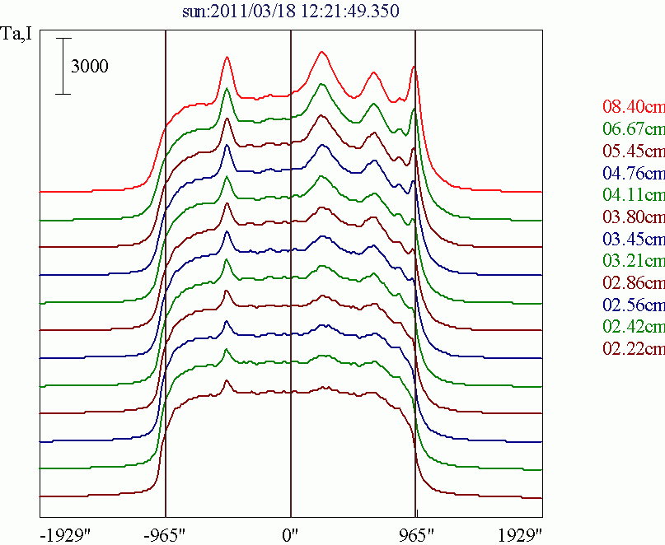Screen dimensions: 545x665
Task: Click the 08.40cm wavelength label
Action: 633,107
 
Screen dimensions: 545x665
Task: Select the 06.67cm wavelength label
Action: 633,129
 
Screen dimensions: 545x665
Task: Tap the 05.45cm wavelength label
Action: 633,151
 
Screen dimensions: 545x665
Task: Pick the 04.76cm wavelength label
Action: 633,173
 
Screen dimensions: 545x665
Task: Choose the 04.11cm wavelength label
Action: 633,195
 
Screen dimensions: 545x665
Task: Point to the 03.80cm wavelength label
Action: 633,217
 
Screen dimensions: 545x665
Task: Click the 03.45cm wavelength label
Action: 633,240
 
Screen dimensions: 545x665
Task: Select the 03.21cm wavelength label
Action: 633,262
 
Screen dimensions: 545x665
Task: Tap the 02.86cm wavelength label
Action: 633,284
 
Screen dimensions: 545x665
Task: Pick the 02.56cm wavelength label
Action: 633,306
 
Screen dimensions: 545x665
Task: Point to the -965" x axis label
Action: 166,533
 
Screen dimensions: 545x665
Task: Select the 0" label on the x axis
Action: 291,533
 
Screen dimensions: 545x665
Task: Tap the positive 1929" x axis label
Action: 520,533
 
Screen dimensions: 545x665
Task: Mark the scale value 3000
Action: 89,68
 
